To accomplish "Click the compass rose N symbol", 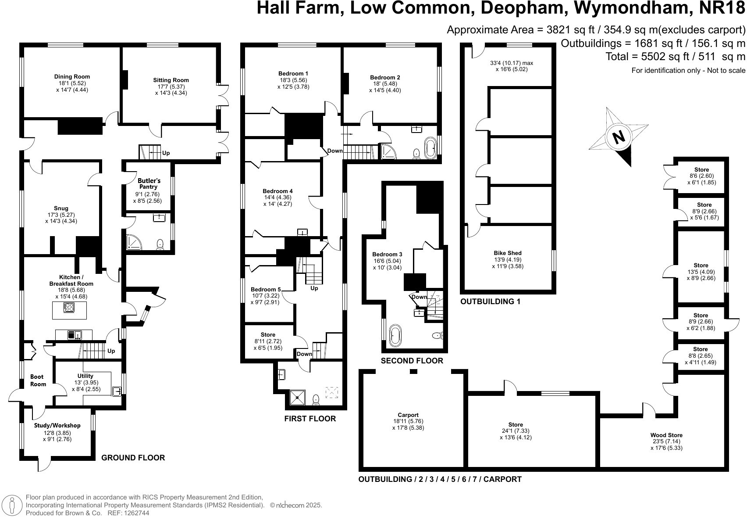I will tap(618, 137).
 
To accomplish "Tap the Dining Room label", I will tap(72, 77).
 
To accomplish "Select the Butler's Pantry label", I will tap(149, 183).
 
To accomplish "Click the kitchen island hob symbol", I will tap(69, 308).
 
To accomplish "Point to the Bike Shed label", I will tap(508, 253).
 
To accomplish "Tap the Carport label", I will tap(408, 415).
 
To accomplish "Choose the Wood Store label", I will tap(666, 435).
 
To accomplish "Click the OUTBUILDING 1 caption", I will tap(490, 302).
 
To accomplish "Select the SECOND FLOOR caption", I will tap(412, 361).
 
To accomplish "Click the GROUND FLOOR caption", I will tap(133, 458).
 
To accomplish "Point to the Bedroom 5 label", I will tap(266, 290).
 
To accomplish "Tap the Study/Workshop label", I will tap(57, 425).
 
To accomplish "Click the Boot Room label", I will tap(38, 381).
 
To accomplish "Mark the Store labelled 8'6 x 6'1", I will tap(701, 170).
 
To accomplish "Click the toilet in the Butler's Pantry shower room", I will tap(160, 244).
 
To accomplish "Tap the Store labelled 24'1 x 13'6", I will tap(516, 424).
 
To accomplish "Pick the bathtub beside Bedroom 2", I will tap(430, 148).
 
